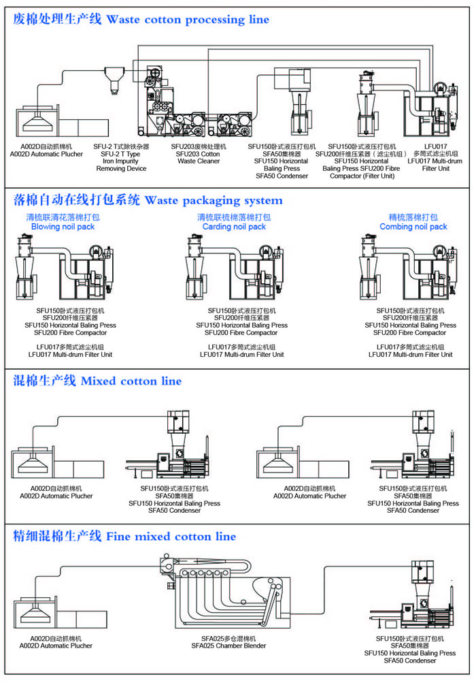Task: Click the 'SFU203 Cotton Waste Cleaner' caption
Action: (x=199, y=157)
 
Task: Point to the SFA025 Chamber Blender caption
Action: (x=233, y=646)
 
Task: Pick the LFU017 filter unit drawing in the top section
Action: (x=435, y=109)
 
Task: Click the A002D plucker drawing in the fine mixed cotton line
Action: (x=57, y=609)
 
